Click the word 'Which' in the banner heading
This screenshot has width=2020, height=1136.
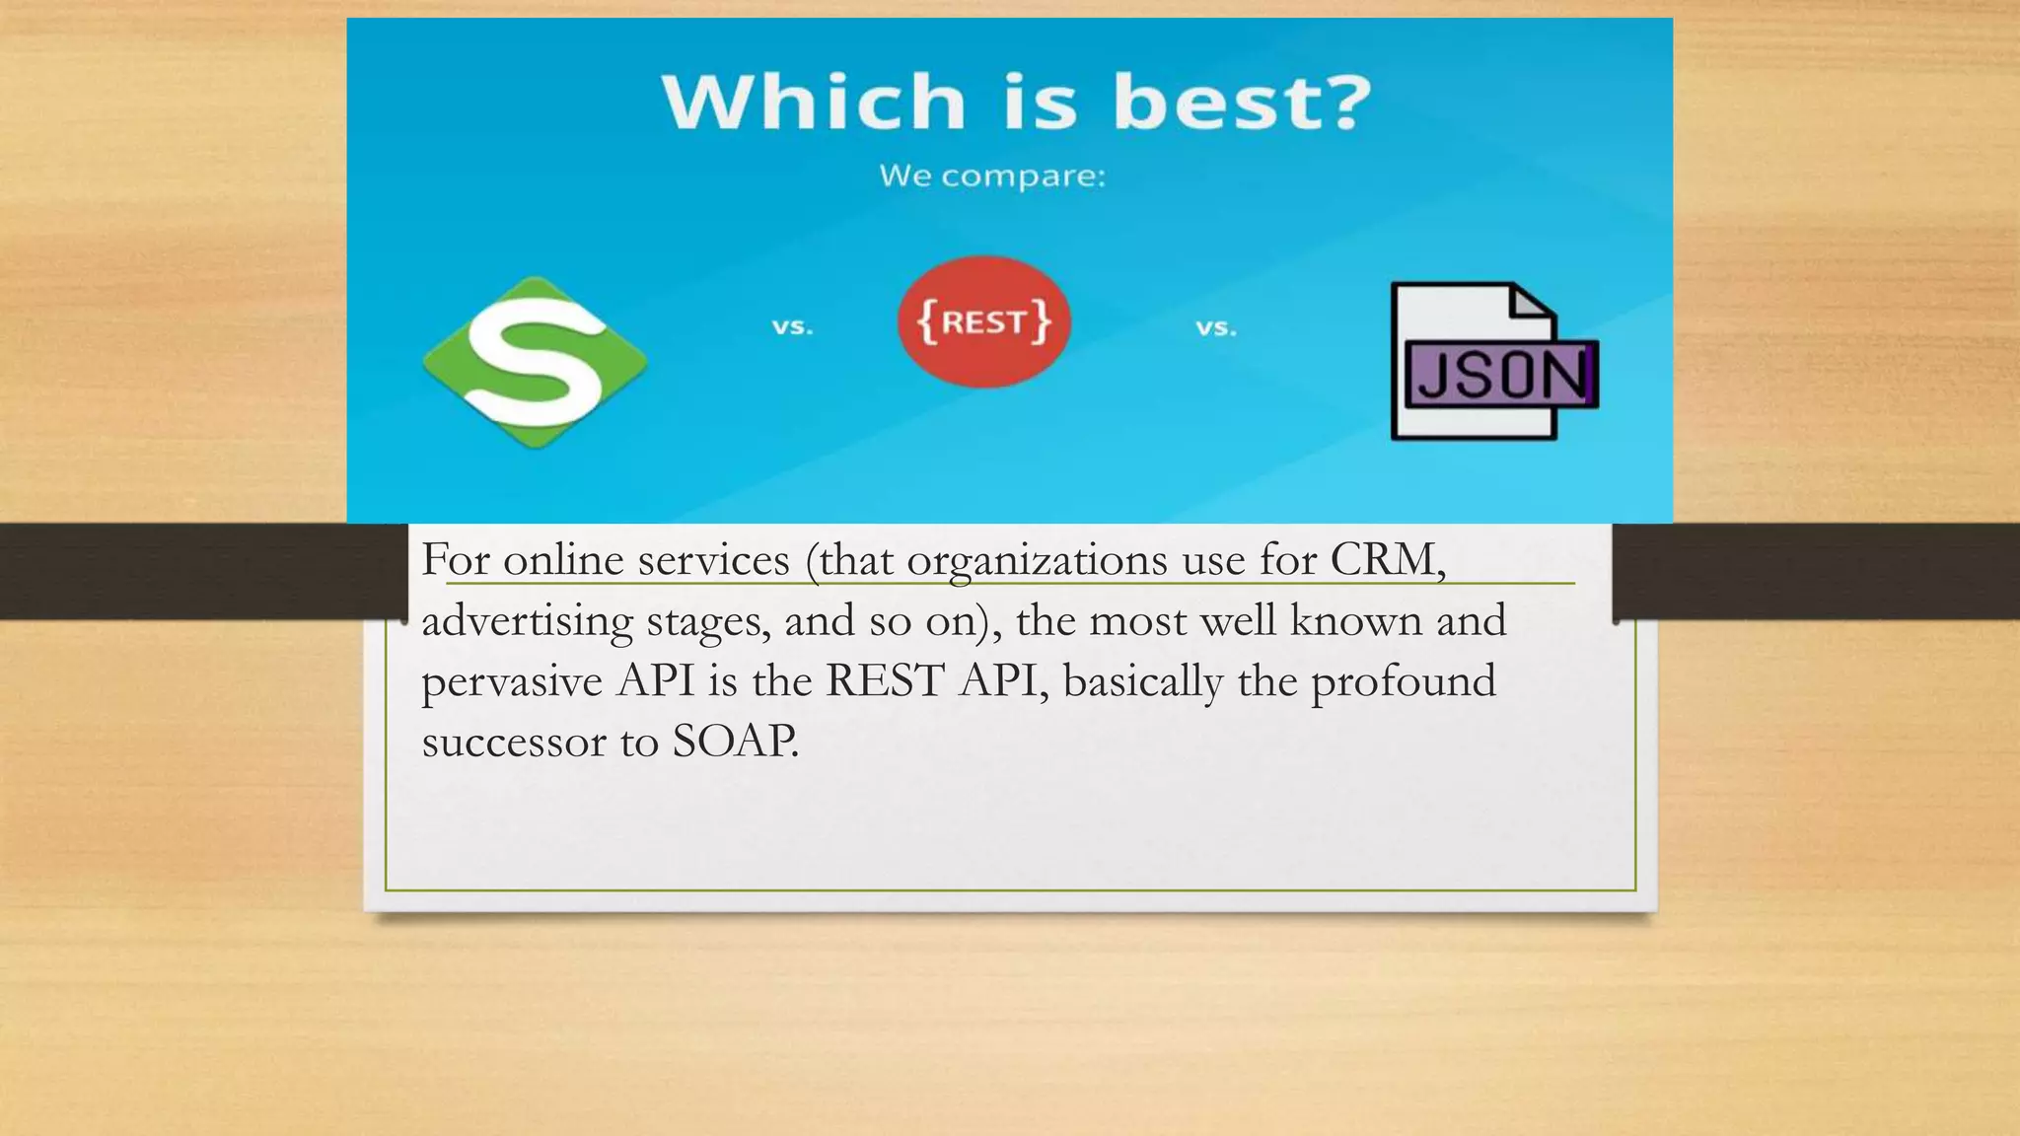pyautogui.click(x=814, y=102)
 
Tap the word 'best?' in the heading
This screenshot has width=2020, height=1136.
pyautogui.click(x=1243, y=102)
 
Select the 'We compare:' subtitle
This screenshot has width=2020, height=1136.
pyautogui.click(x=992, y=177)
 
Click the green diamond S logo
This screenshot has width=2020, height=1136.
pyautogui.click(x=535, y=362)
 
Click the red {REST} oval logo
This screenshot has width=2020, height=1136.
pyautogui.click(x=984, y=321)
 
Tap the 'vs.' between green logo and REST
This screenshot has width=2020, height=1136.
pyautogui.click(x=792, y=326)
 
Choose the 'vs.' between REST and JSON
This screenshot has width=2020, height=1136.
pyautogui.click(x=1216, y=327)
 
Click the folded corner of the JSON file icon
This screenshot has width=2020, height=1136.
pyautogui.click(x=1533, y=302)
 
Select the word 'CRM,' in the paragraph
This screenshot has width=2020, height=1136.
pyautogui.click(x=1388, y=560)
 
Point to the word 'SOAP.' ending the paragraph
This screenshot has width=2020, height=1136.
pyautogui.click(x=735, y=742)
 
